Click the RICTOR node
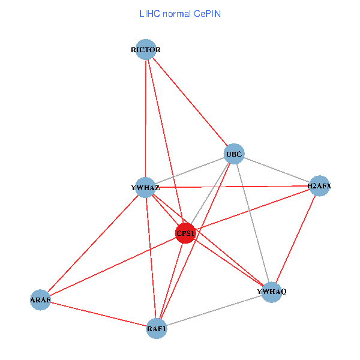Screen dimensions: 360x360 [x=146, y=49]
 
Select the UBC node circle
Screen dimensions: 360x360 [x=234, y=154]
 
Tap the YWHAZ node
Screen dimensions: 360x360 [x=145, y=188]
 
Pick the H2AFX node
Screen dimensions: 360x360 [x=319, y=186]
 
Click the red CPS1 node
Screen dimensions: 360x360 [x=185, y=233]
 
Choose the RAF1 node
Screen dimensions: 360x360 [x=156, y=328]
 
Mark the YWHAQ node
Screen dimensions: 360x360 [x=272, y=292]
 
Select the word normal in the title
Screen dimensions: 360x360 [x=176, y=13]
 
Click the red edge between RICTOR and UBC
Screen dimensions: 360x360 [x=190, y=101]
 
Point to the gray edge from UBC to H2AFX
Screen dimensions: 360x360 [x=276, y=170]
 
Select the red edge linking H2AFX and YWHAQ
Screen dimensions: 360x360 [x=295, y=239]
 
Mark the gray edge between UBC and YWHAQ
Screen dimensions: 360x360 [x=253, y=223]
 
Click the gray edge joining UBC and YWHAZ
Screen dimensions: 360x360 [x=190, y=171]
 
